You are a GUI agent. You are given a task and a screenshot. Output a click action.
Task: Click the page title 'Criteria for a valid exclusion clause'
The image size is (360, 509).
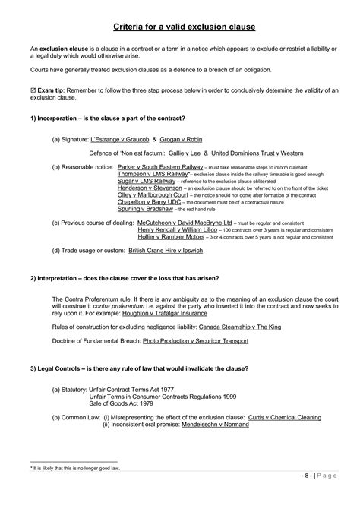click(179, 27)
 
